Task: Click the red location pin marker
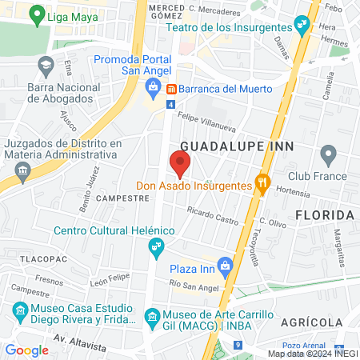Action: point(180,164)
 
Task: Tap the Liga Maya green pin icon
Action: point(35,14)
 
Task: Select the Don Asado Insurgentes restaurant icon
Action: point(261,184)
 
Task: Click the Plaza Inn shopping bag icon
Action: point(226,263)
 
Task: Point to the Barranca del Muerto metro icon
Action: point(170,88)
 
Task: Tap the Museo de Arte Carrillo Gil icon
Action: point(152,318)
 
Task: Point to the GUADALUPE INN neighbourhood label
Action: point(238,146)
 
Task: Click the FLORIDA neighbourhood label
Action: point(324,215)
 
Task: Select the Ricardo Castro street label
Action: point(213,214)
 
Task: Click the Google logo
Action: point(26,350)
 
